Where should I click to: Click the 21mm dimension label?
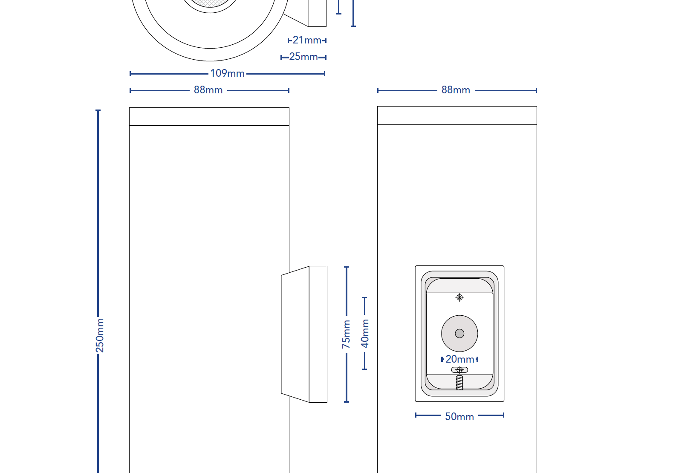click(307, 40)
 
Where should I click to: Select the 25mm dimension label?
click(303, 57)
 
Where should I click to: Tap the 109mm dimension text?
click(227, 73)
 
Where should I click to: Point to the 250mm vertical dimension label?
click(100, 335)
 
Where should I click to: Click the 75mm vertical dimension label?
click(346, 334)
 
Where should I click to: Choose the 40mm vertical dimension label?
click(365, 333)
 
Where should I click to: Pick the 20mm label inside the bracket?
click(459, 359)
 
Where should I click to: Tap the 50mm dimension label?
click(459, 417)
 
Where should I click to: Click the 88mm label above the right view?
click(456, 90)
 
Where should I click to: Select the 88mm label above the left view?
click(208, 90)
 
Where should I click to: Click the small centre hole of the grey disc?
click(459, 334)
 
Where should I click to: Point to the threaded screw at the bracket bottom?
click(459, 383)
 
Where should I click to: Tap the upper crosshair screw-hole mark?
click(459, 297)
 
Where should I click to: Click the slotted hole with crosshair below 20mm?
click(459, 370)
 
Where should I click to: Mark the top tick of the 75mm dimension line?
click(347, 267)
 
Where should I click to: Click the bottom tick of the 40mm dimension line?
click(364, 369)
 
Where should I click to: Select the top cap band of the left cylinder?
click(209, 116)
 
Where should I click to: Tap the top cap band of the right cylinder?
click(457, 115)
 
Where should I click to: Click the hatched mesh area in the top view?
click(211, 3)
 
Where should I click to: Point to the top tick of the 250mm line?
click(98, 110)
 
